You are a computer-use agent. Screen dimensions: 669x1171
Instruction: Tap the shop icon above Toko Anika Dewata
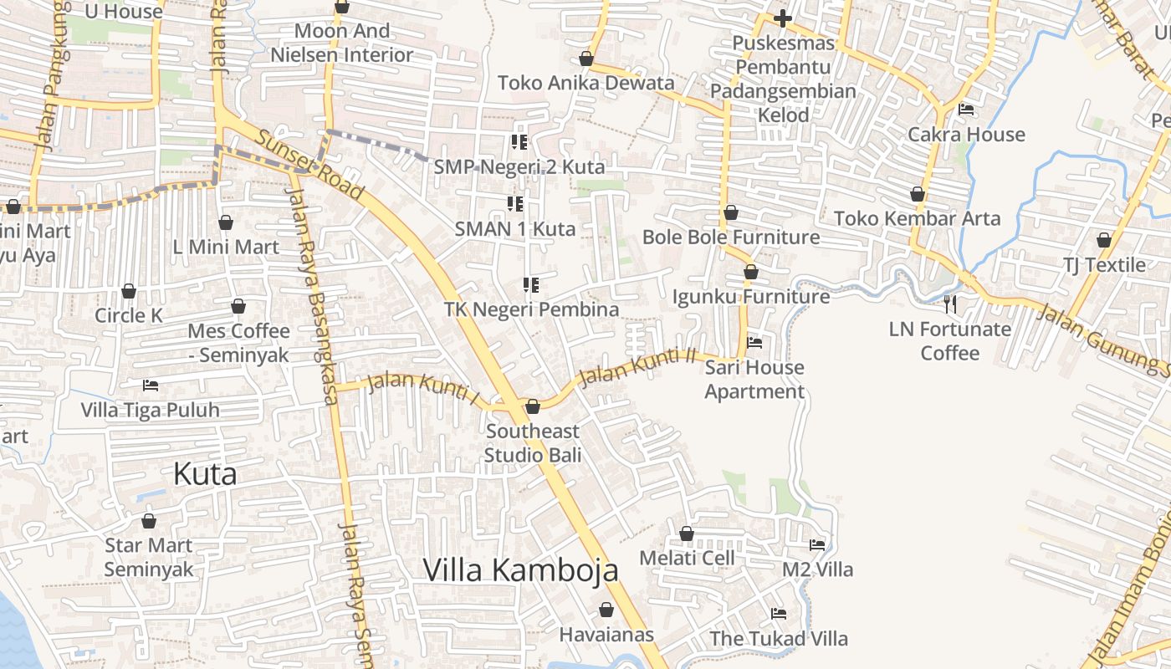click(586, 59)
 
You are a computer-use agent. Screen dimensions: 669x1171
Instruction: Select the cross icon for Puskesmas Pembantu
click(782, 18)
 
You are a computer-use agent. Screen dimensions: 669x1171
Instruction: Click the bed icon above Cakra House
click(966, 110)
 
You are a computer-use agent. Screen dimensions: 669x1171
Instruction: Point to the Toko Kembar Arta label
click(917, 219)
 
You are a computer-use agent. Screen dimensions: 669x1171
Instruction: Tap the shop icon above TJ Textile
click(1104, 240)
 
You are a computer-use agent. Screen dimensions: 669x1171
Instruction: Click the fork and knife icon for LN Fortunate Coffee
click(949, 304)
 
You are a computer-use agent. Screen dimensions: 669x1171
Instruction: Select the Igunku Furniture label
click(751, 297)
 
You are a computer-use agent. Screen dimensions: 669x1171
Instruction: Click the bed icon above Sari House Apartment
click(754, 342)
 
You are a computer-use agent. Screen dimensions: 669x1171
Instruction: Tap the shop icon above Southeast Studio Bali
click(533, 406)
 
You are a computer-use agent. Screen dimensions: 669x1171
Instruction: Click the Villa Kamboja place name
click(520, 569)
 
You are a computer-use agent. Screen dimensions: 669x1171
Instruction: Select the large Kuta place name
click(205, 474)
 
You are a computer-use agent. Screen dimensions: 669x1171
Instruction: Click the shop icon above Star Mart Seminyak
click(149, 521)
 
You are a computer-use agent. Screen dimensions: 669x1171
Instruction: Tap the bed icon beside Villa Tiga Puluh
click(151, 386)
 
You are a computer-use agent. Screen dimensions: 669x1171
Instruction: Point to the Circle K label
click(129, 316)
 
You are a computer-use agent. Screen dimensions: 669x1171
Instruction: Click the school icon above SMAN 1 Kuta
click(515, 203)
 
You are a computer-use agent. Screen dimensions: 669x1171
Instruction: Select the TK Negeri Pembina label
click(531, 309)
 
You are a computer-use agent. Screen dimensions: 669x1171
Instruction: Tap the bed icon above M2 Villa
click(817, 545)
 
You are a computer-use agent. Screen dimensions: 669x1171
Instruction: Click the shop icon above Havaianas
click(606, 610)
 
